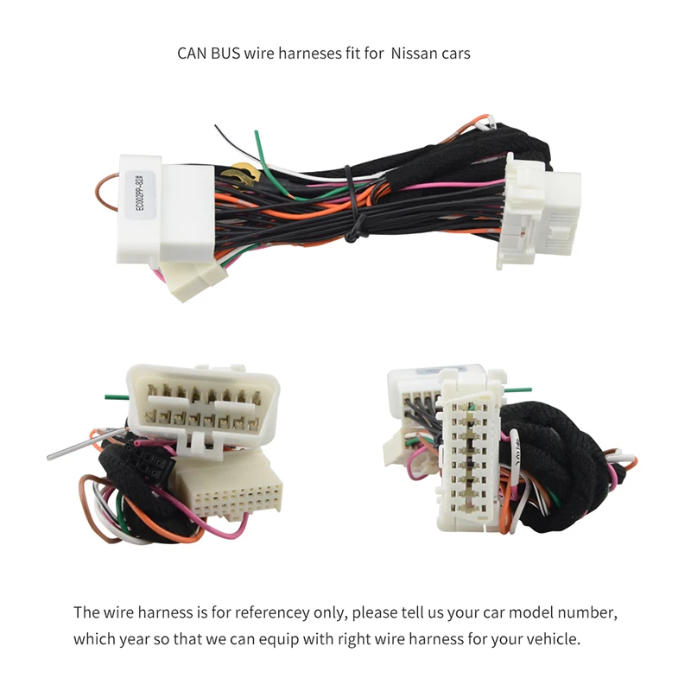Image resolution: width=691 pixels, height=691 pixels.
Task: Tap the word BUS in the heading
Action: (x=227, y=54)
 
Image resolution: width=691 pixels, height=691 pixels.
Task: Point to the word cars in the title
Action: (x=457, y=54)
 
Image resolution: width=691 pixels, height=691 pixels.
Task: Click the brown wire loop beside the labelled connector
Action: (x=105, y=191)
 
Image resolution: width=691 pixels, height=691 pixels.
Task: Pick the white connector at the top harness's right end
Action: (x=542, y=212)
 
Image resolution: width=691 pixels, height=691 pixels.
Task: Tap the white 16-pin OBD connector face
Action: (x=201, y=403)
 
